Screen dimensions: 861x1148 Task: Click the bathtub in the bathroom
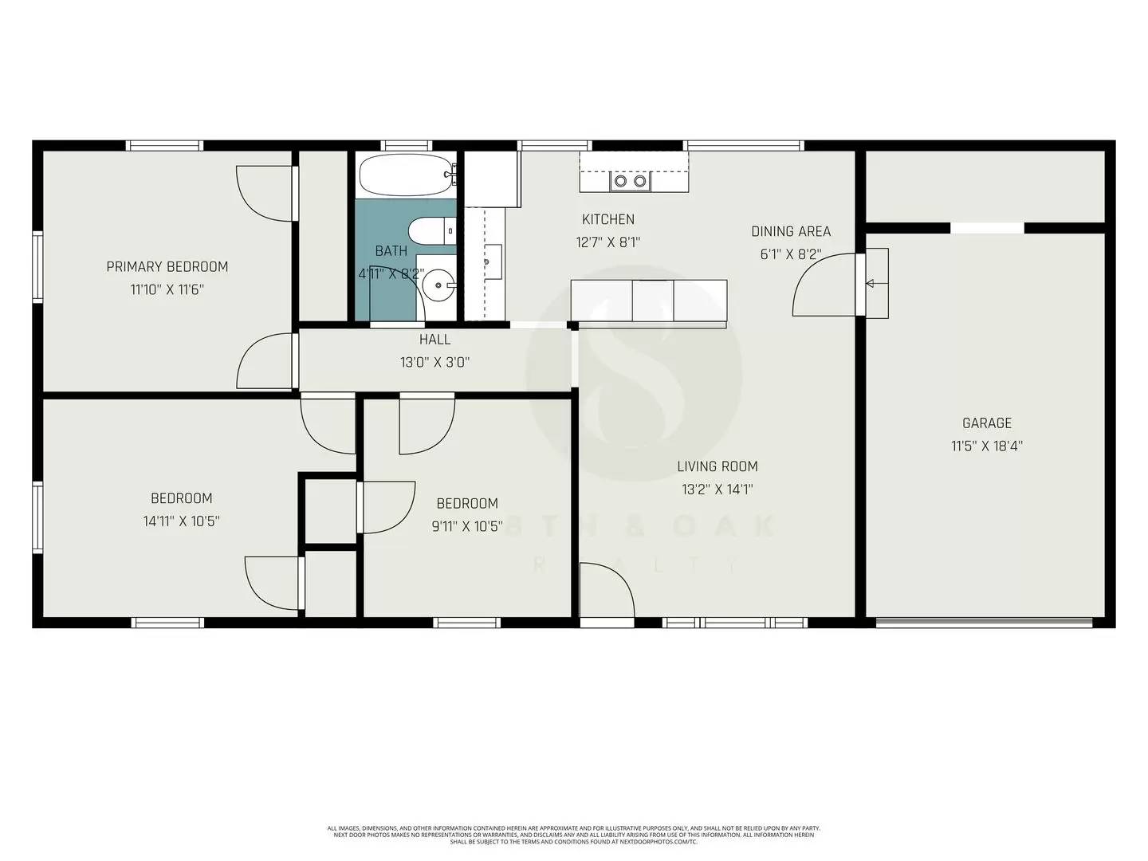[406, 175]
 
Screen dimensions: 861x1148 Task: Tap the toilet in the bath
[429, 231]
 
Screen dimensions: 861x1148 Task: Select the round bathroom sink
[438, 283]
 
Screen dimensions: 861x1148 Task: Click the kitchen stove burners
[630, 182]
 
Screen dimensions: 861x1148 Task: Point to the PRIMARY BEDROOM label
[167, 267]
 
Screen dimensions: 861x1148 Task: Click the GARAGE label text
[986, 423]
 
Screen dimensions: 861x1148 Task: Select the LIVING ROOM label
[717, 466]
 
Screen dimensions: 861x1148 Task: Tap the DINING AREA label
[791, 231]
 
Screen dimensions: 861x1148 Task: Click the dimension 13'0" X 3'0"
[434, 363]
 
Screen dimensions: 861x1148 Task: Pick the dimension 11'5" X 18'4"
[986, 446]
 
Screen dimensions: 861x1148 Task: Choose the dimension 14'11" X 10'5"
[181, 521]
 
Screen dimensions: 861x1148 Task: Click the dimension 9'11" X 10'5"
[467, 526]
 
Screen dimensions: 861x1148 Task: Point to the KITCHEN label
[608, 219]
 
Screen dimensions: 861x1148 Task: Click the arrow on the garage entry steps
[871, 283]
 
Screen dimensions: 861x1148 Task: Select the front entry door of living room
[606, 590]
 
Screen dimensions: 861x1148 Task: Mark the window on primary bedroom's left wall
[37, 267]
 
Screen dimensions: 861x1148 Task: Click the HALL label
[434, 340]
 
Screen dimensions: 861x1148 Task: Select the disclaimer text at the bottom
[574, 835]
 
